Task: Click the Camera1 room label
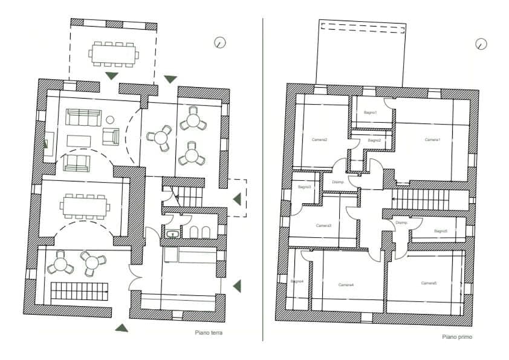tap(432, 140)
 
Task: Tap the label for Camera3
tap(323, 226)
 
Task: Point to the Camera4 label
tap(346, 284)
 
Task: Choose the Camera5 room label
tap(429, 283)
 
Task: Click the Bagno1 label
tap(370, 113)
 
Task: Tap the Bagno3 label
tap(304, 187)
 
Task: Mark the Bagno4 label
tap(296, 281)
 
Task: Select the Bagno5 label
tap(441, 231)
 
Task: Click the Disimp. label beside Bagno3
tap(338, 182)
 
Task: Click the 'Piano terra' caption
tap(209, 332)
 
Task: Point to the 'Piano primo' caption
tap(457, 337)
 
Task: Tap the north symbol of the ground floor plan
tap(220, 42)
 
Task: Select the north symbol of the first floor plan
tap(481, 44)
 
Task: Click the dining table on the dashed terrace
tap(114, 53)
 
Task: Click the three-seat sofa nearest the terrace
tap(83, 117)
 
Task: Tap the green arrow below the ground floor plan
tap(122, 328)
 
